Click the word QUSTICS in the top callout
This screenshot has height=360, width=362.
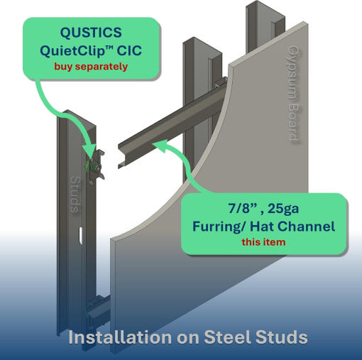[x=91, y=33]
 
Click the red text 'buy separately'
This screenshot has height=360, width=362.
[x=91, y=67]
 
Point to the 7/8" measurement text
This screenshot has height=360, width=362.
[x=243, y=208]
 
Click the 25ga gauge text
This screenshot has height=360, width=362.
[x=283, y=209]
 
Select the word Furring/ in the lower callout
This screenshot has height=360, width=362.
[x=219, y=227]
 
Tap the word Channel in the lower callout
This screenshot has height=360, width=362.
[x=306, y=227]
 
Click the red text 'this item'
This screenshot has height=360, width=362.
[x=263, y=242]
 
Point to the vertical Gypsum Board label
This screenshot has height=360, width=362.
[x=293, y=94]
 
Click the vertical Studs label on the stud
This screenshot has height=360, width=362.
[x=76, y=195]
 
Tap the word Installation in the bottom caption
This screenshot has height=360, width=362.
[x=120, y=337]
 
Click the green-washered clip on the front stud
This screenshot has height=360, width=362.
[x=96, y=165]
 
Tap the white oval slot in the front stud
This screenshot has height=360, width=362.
[x=81, y=236]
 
